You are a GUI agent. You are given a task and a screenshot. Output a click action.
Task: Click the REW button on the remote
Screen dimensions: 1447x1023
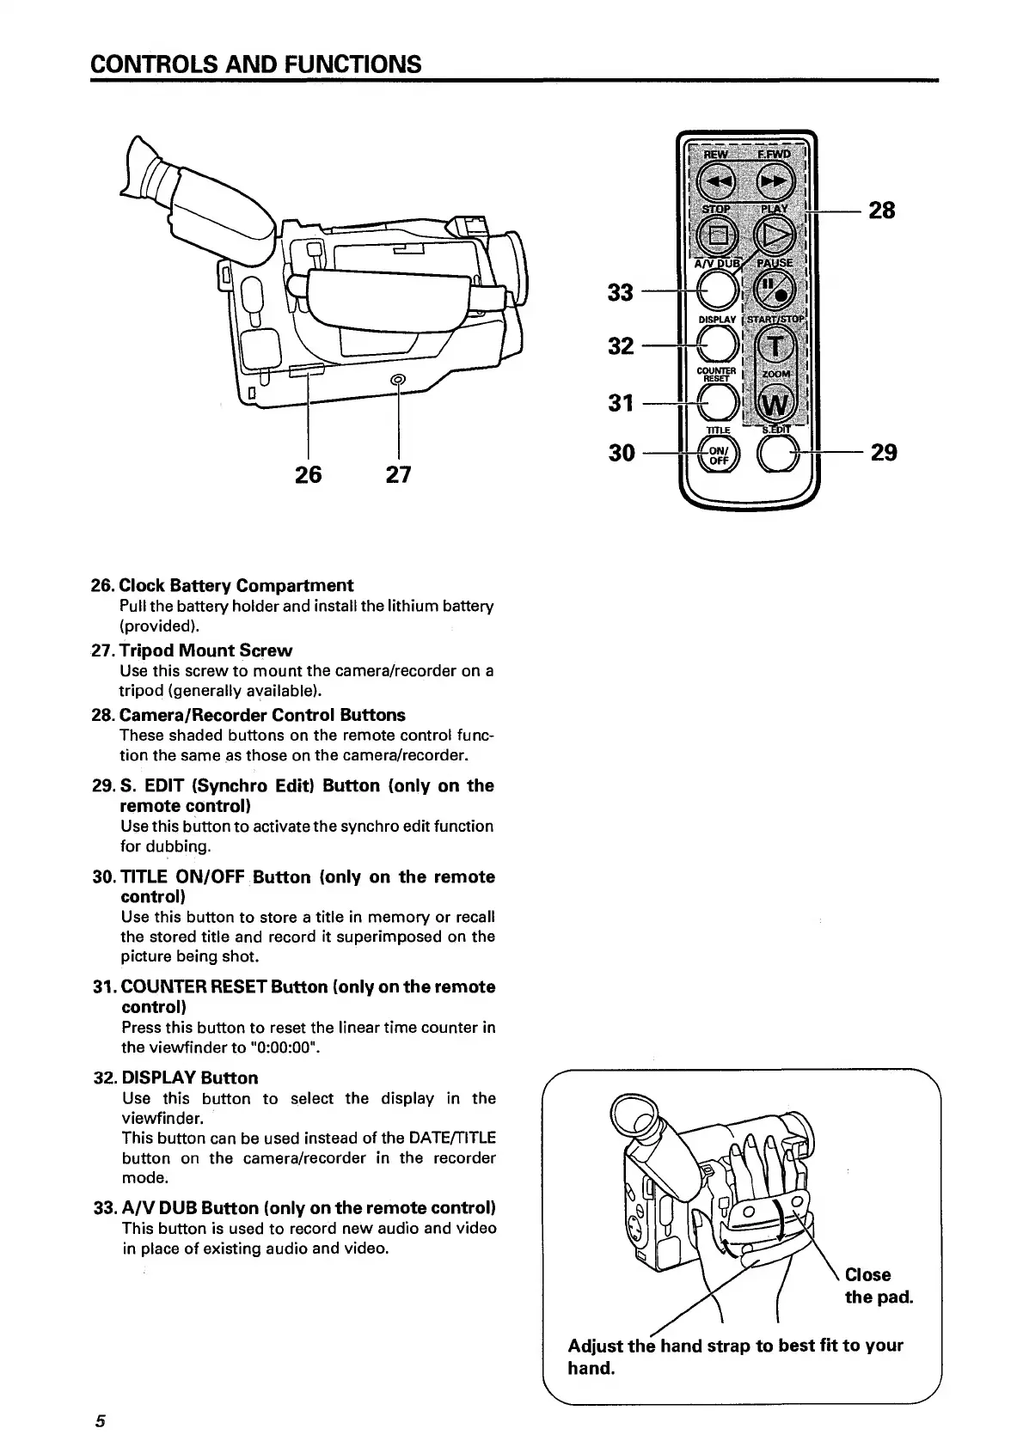pos(716,181)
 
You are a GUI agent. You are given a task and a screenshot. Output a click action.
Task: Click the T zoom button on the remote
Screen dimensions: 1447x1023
pos(775,345)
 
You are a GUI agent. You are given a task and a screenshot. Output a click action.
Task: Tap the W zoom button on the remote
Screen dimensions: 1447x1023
pos(775,402)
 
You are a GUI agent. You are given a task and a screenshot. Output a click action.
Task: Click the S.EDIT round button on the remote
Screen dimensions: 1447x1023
pos(776,453)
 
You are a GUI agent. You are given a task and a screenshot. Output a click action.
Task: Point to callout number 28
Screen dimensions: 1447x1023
pos(882,210)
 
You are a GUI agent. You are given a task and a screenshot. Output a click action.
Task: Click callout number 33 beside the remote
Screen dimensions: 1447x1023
pos(620,292)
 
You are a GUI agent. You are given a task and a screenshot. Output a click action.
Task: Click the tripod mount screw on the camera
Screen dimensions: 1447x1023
pos(397,381)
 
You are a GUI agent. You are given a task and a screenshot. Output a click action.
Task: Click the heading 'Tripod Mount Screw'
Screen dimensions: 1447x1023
pos(205,650)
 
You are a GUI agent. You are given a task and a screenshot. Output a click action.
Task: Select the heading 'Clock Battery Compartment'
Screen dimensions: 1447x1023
pos(236,585)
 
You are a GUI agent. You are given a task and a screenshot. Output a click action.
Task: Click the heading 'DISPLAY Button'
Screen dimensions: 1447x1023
pos(189,1078)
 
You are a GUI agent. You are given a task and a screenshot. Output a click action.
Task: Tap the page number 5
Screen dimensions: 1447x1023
pos(100,1420)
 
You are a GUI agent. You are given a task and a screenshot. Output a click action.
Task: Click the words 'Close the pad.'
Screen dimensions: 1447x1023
pos(878,1285)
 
